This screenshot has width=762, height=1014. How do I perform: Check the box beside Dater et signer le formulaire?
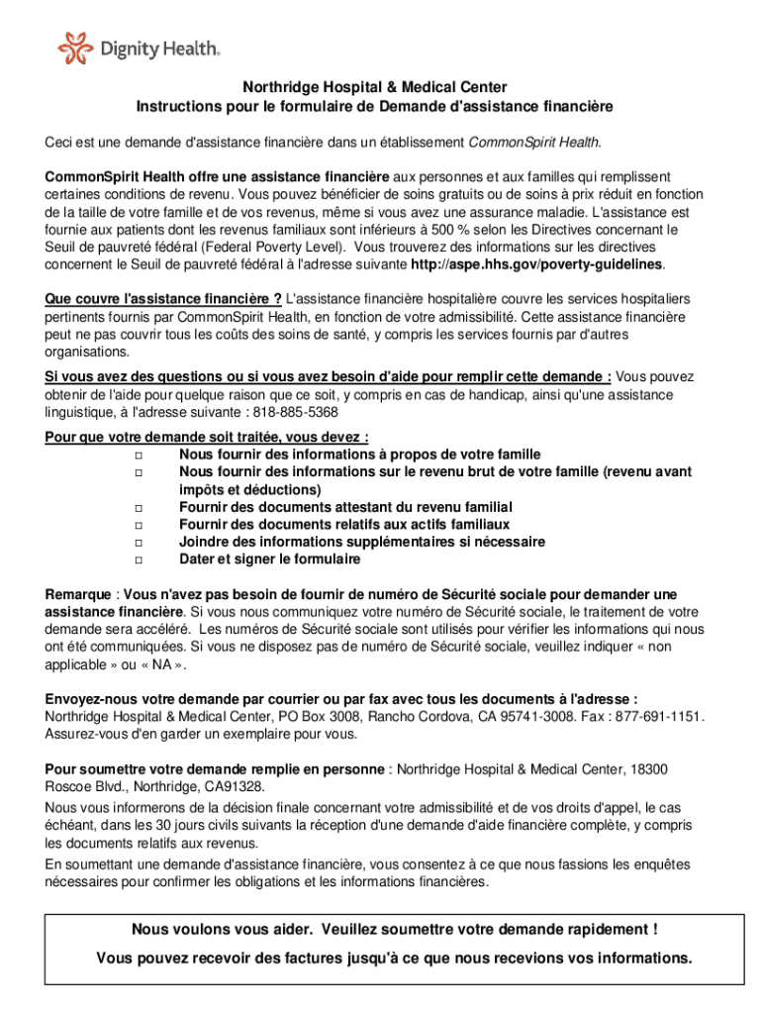click(x=137, y=560)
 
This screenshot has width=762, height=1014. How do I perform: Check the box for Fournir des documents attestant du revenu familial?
click(x=137, y=507)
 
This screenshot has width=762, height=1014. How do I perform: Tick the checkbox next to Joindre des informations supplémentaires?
click(x=137, y=543)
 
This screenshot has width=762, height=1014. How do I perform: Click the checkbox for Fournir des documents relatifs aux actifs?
click(x=137, y=525)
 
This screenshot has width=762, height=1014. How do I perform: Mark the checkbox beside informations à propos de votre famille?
click(x=137, y=454)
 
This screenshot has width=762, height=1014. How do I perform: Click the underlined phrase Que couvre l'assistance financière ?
click(x=163, y=299)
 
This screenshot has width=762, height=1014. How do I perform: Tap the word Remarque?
click(x=78, y=595)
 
